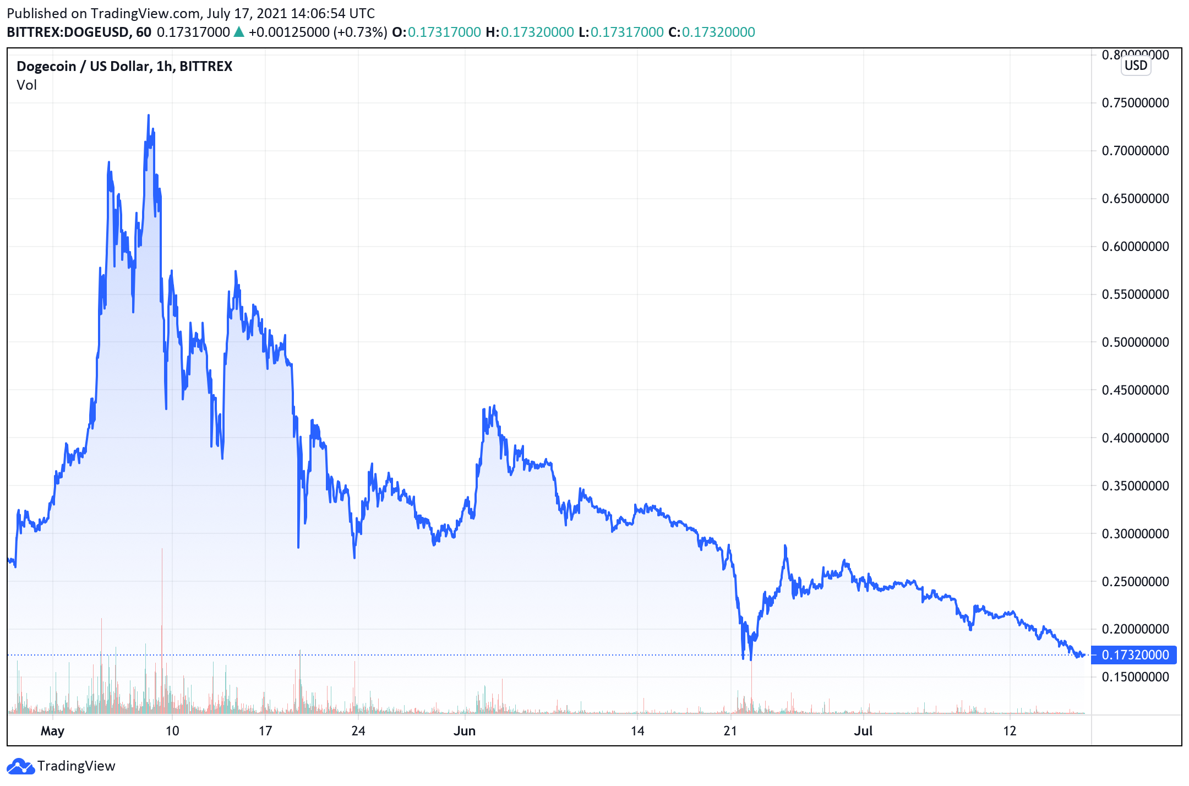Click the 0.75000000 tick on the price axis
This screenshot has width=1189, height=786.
(x=1135, y=103)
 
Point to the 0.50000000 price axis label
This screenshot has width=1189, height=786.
(x=1135, y=342)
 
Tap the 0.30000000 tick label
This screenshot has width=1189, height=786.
(x=1135, y=534)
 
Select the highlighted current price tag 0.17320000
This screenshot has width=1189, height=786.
(x=1135, y=655)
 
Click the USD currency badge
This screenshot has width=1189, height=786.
(x=1136, y=65)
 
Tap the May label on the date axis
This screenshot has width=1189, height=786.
(x=52, y=731)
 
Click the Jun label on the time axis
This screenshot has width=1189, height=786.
(x=464, y=731)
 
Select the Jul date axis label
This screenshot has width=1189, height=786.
(x=863, y=731)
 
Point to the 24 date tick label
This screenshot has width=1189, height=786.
(x=358, y=731)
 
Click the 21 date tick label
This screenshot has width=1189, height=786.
(x=730, y=731)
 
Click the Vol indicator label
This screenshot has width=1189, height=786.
(x=26, y=85)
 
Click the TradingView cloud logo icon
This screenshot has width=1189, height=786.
(x=20, y=766)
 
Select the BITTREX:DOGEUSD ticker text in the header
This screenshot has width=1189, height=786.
(x=69, y=32)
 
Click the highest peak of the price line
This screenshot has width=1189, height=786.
(x=149, y=116)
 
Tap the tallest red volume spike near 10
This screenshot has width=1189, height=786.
(x=162, y=550)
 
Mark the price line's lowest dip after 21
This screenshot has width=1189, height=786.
(x=751, y=659)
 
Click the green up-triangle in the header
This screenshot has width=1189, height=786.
(x=239, y=32)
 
